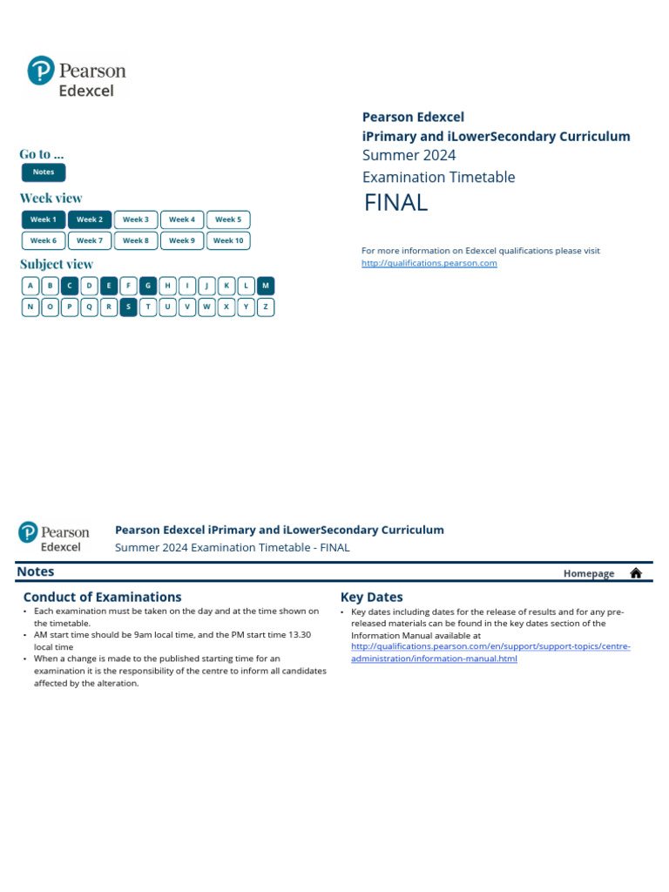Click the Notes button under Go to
click(x=44, y=172)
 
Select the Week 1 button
click(x=43, y=220)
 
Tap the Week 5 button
click(x=228, y=220)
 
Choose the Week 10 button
click(x=228, y=240)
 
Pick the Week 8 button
click(x=135, y=240)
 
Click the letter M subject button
click(x=266, y=286)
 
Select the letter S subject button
click(x=129, y=307)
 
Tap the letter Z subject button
click(x=266, y=307)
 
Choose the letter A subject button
click(x=30, y=286)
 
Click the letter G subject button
click(x=148, y=286)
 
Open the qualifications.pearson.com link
click(x=429, y=263)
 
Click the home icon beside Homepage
click(x=636, y=573)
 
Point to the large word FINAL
click(x=395, y=203)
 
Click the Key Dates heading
click(x=372, y=598)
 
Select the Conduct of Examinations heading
click(x=102, y=598)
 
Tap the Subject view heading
click(x=57, y=264)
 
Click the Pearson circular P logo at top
click(x=41, y=71)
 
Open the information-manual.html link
click(x=434, y=659)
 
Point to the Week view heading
click(x=51, y=198)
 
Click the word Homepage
click(x=589, y=573)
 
